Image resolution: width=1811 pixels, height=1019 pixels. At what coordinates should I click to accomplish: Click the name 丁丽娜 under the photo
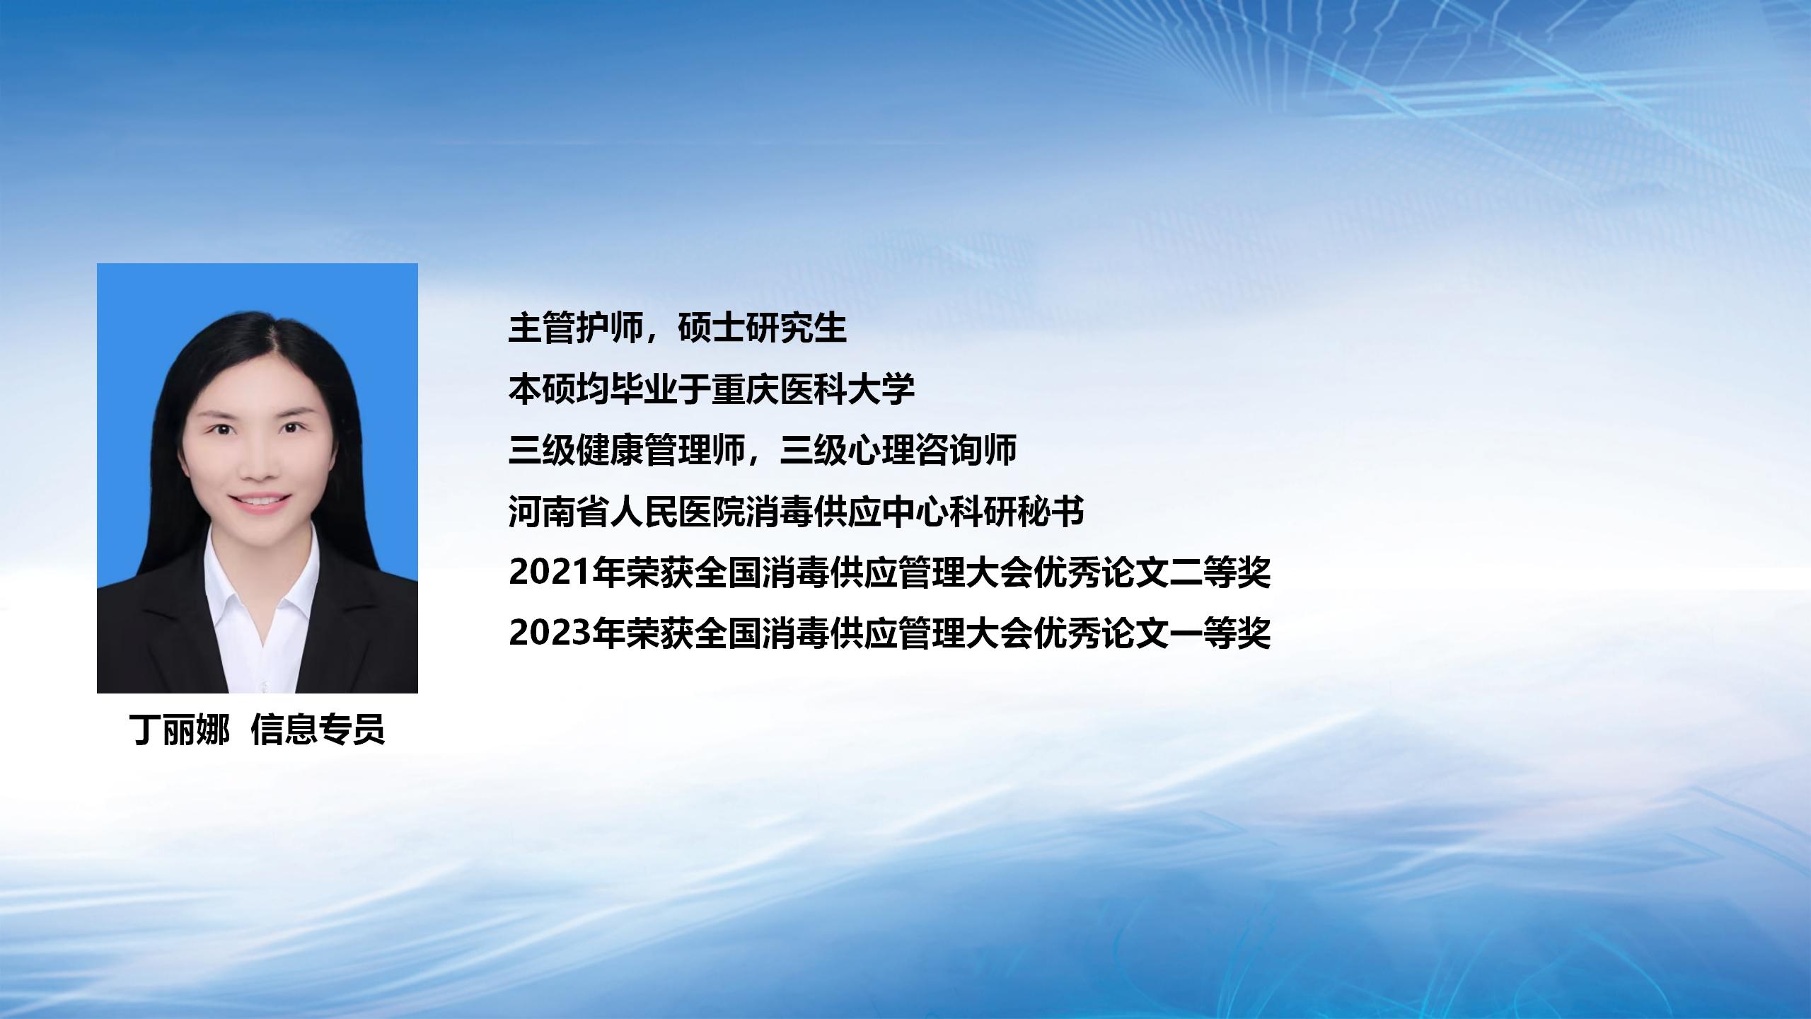[180, 730]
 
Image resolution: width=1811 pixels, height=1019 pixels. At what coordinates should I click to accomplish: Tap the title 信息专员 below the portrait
[318, 730]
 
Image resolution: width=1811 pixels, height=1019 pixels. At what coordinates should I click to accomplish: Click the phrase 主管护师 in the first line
[576, 328]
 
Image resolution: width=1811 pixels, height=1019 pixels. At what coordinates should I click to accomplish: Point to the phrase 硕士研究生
[762, 328]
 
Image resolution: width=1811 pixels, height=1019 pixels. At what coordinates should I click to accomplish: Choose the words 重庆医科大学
[814, 389]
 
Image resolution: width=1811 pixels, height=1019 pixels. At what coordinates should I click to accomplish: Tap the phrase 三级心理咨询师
[898, 450]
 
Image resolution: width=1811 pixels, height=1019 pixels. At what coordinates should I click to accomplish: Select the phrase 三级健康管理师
[627, 450]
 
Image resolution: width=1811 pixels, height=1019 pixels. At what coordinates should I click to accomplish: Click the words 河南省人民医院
[627, 512]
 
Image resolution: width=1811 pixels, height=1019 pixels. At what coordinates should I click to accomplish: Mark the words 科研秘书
[1017, 512]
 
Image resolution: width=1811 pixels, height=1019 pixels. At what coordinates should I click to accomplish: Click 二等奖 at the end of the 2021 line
[1220, 572]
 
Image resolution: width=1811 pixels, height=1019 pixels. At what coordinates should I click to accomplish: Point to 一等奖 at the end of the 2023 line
[1220, 633]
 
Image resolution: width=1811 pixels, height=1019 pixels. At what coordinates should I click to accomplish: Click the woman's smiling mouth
[260, 502]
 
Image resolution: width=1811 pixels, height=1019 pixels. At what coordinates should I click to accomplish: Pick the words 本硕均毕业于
[611, 389]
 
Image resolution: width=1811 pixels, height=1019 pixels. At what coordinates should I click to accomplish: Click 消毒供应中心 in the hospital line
[847, 512]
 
